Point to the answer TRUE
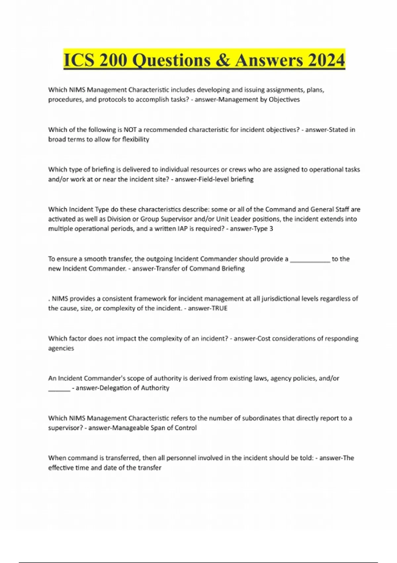pos(217,308)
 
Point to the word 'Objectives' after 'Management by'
pos(284,99)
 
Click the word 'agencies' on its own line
pos(61,348)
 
